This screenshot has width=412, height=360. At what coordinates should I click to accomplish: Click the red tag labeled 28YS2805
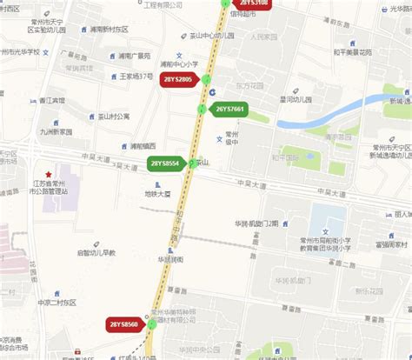[x=183, y=80]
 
